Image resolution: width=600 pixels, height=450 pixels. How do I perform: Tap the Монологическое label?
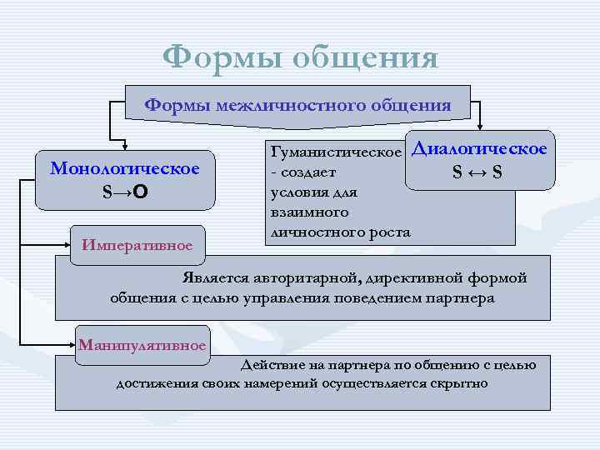coord(125,168)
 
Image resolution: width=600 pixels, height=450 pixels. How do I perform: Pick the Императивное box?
coord(137,245)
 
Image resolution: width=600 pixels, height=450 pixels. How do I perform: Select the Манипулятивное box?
coord(142,344)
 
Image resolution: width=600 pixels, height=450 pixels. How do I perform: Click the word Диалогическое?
coord(480,149)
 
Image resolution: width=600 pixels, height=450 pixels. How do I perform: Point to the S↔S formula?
coord(477,172)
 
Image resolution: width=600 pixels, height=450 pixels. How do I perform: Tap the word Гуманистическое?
coord(332,153)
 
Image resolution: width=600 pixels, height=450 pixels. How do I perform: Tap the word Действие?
coord(268,364)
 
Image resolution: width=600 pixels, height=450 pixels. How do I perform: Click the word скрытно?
coord(459,383)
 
